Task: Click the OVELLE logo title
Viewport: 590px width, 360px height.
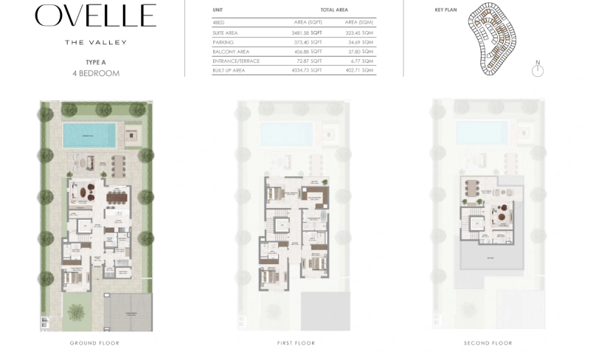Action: (x=95, y=16)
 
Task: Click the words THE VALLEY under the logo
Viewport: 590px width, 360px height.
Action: (x=95, y=42)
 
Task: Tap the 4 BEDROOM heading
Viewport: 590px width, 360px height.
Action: (x=95, y=74)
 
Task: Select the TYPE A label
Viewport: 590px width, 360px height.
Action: (x=95, y=63)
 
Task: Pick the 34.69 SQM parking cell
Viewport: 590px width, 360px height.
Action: (x=360, y=43)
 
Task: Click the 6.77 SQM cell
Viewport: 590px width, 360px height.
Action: (x=362, y=60)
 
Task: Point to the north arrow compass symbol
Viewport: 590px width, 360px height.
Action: (x=538, y=70)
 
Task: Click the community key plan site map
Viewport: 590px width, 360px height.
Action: (x=493, y=41)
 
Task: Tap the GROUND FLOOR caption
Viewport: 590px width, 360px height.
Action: (x=94, y=343)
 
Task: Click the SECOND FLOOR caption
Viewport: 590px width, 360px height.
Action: (x=488, y=343)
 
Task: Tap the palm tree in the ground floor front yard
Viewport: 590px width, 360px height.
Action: (x=76, y=311)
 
